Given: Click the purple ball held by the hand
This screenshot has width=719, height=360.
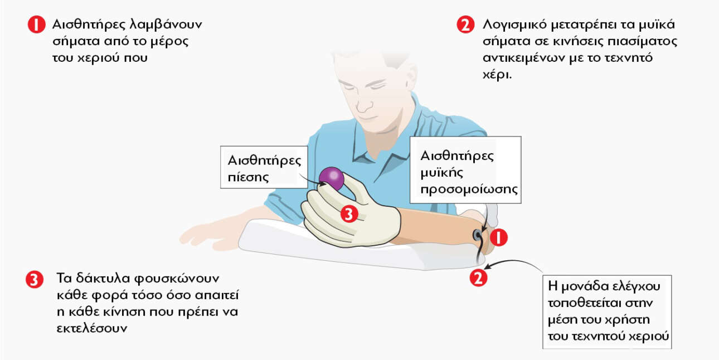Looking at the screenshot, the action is pyautogui.click(x=332, y=178).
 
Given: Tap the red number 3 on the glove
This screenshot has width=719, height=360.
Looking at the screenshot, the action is pyautogui.click(x=349, y=214).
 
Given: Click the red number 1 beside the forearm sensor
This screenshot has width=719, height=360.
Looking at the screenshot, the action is pyautogui.click(x=498, y=237).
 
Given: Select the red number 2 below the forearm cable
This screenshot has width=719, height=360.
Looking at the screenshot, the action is pyautogui.click(x=478, y=278).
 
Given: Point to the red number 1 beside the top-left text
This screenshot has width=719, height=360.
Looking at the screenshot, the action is pyautogui.click(x=36, y=25).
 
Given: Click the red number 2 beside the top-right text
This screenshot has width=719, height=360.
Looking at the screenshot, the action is pyautogui.click(x=465, y=25).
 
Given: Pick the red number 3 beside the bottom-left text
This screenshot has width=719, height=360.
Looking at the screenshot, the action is pyautogui.click(x=35, y=280).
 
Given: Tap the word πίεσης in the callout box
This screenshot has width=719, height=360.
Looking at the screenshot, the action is pyautogui.click(x=248, y=177).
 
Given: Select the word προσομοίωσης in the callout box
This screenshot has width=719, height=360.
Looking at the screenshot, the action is pyautogui.click(x=469, y=189).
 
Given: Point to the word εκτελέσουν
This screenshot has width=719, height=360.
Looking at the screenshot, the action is pyautogui.click(x=92, y=328).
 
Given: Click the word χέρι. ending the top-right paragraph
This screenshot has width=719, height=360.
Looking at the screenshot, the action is pyautogui.click(x=497, y=75).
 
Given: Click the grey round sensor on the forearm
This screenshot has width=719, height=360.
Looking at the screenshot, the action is pyautogui.click(x=477, y=236).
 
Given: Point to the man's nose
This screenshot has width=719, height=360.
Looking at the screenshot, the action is pyautogui.click(x=363, y=103).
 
